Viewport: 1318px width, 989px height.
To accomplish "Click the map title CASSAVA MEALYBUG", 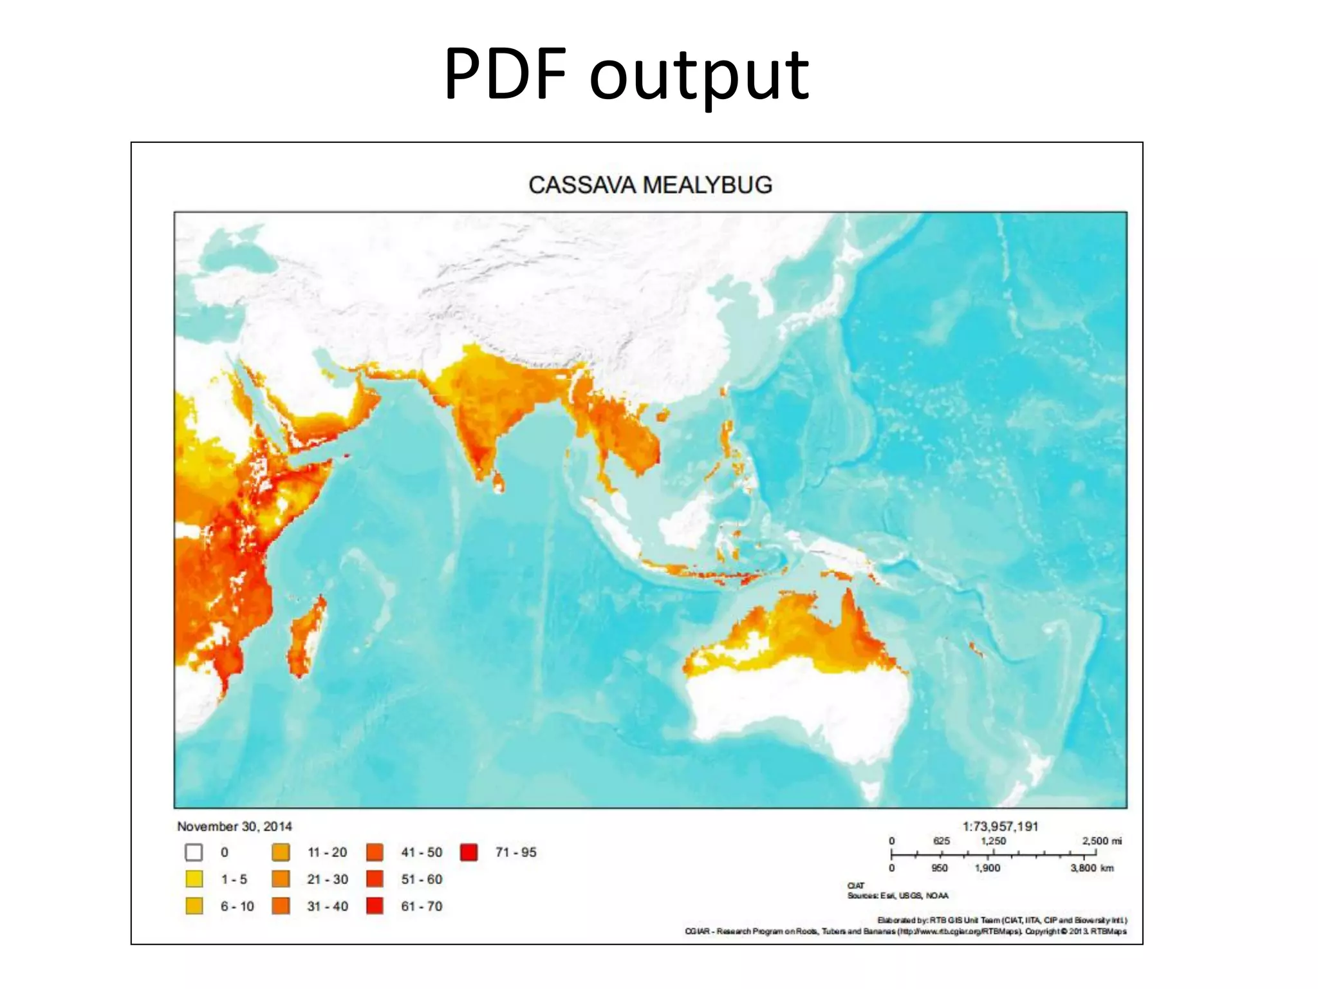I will click(650, 185).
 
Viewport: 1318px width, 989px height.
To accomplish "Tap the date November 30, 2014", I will click(234, 826).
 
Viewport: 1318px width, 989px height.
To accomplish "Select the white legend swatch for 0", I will click(194, 852).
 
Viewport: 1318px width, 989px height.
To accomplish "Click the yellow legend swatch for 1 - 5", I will click(194, 879).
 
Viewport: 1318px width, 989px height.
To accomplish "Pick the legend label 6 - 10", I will click(237, 906).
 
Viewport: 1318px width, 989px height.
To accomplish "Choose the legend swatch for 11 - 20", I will click(281, 852).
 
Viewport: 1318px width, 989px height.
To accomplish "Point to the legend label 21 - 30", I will click(327, 879).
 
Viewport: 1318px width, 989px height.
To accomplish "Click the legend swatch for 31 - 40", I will click(281, 906).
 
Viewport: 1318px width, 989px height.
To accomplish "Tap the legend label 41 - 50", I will click(422, 852).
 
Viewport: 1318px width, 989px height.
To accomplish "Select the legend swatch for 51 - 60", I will click(375, 879).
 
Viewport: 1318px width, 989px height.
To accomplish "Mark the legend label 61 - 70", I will click(422, 906).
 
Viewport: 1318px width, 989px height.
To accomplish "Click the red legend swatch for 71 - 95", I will click(469, 852).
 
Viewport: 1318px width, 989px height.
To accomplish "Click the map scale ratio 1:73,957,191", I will click(1000, 826).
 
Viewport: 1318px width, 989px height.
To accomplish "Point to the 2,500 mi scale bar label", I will click(1102, 841).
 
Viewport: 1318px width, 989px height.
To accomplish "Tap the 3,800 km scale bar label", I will click(1092, 868).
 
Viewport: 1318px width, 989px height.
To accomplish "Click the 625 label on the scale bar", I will click(942, 841).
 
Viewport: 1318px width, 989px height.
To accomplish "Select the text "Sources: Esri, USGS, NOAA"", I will click(898, 896).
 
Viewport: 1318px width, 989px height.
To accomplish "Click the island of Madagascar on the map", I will click(306, 637).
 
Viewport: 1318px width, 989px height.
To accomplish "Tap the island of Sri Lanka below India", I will click(498, 482).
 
